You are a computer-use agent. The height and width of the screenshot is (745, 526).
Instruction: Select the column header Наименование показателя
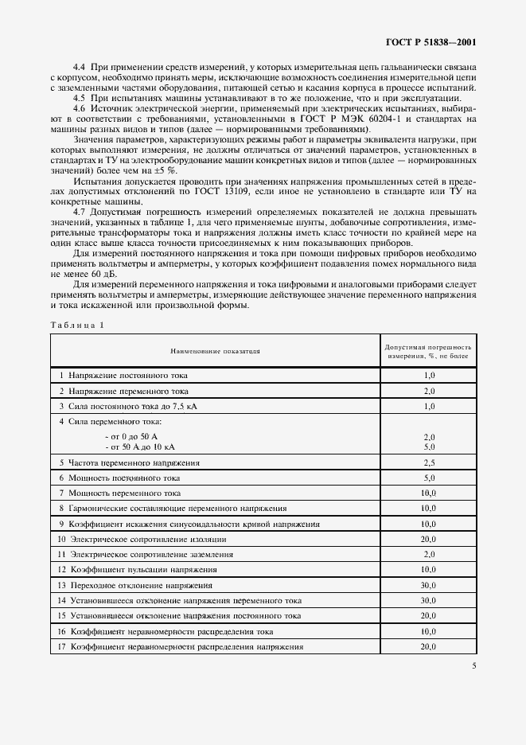tap(215, 350)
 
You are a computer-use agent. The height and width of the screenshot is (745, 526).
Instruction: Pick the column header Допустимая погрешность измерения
tap(428, 351)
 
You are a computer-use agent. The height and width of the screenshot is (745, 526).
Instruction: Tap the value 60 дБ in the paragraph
tap(70, 273)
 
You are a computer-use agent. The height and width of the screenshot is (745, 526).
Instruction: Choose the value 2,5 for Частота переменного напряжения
tap(429, 462)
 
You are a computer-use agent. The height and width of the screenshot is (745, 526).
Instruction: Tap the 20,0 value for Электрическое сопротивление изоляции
tap(429, 539)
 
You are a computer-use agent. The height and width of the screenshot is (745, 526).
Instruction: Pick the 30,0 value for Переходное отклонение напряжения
tap(429, 585)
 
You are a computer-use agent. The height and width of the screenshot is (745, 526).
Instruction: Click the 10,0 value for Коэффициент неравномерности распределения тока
tap(429, 631)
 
